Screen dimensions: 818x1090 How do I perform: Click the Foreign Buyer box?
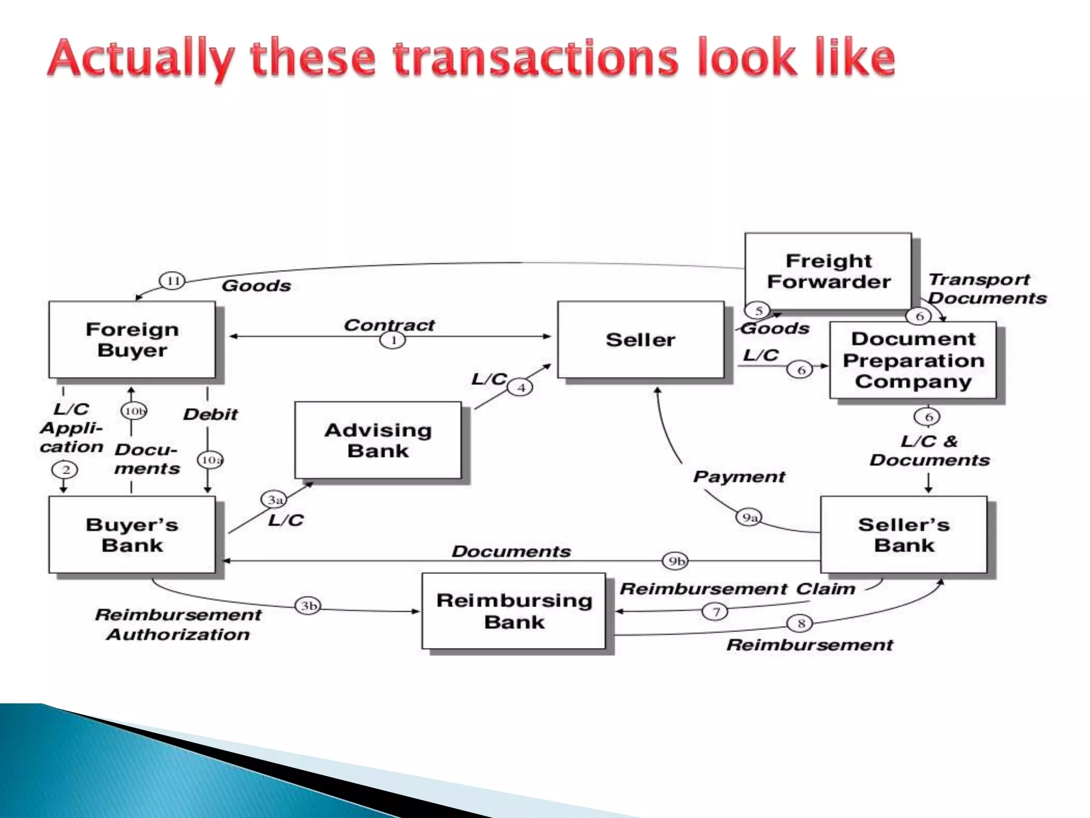click(132, 340)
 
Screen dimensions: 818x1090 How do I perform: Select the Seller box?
click(641, 340)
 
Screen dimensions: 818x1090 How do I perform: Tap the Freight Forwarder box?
click(828, 271)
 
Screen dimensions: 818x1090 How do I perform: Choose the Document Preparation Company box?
click(913, 360)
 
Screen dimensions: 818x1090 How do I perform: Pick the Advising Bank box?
click(378, 440)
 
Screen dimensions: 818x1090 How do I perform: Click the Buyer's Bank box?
click(132, 535)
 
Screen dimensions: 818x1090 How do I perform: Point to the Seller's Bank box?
click(904, 535)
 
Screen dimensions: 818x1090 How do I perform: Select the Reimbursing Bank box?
click(514, 611)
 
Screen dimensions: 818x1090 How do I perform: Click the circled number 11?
click(172, 281)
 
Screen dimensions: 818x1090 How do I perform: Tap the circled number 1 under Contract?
click(393, 340)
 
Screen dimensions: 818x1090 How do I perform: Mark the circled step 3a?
click(274, 500)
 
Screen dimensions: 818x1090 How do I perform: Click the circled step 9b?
click(675, 561)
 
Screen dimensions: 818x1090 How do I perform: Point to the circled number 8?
click(800, 623)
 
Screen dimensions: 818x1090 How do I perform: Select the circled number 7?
click(715, 611)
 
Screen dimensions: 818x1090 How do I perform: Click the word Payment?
click(739, 477)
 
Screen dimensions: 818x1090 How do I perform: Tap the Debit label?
click(210, 414)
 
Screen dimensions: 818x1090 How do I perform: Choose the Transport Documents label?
click(986, 289)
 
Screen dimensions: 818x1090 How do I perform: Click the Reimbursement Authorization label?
click(178, 625)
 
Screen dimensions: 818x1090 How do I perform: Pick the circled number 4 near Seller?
click(521, 388)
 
